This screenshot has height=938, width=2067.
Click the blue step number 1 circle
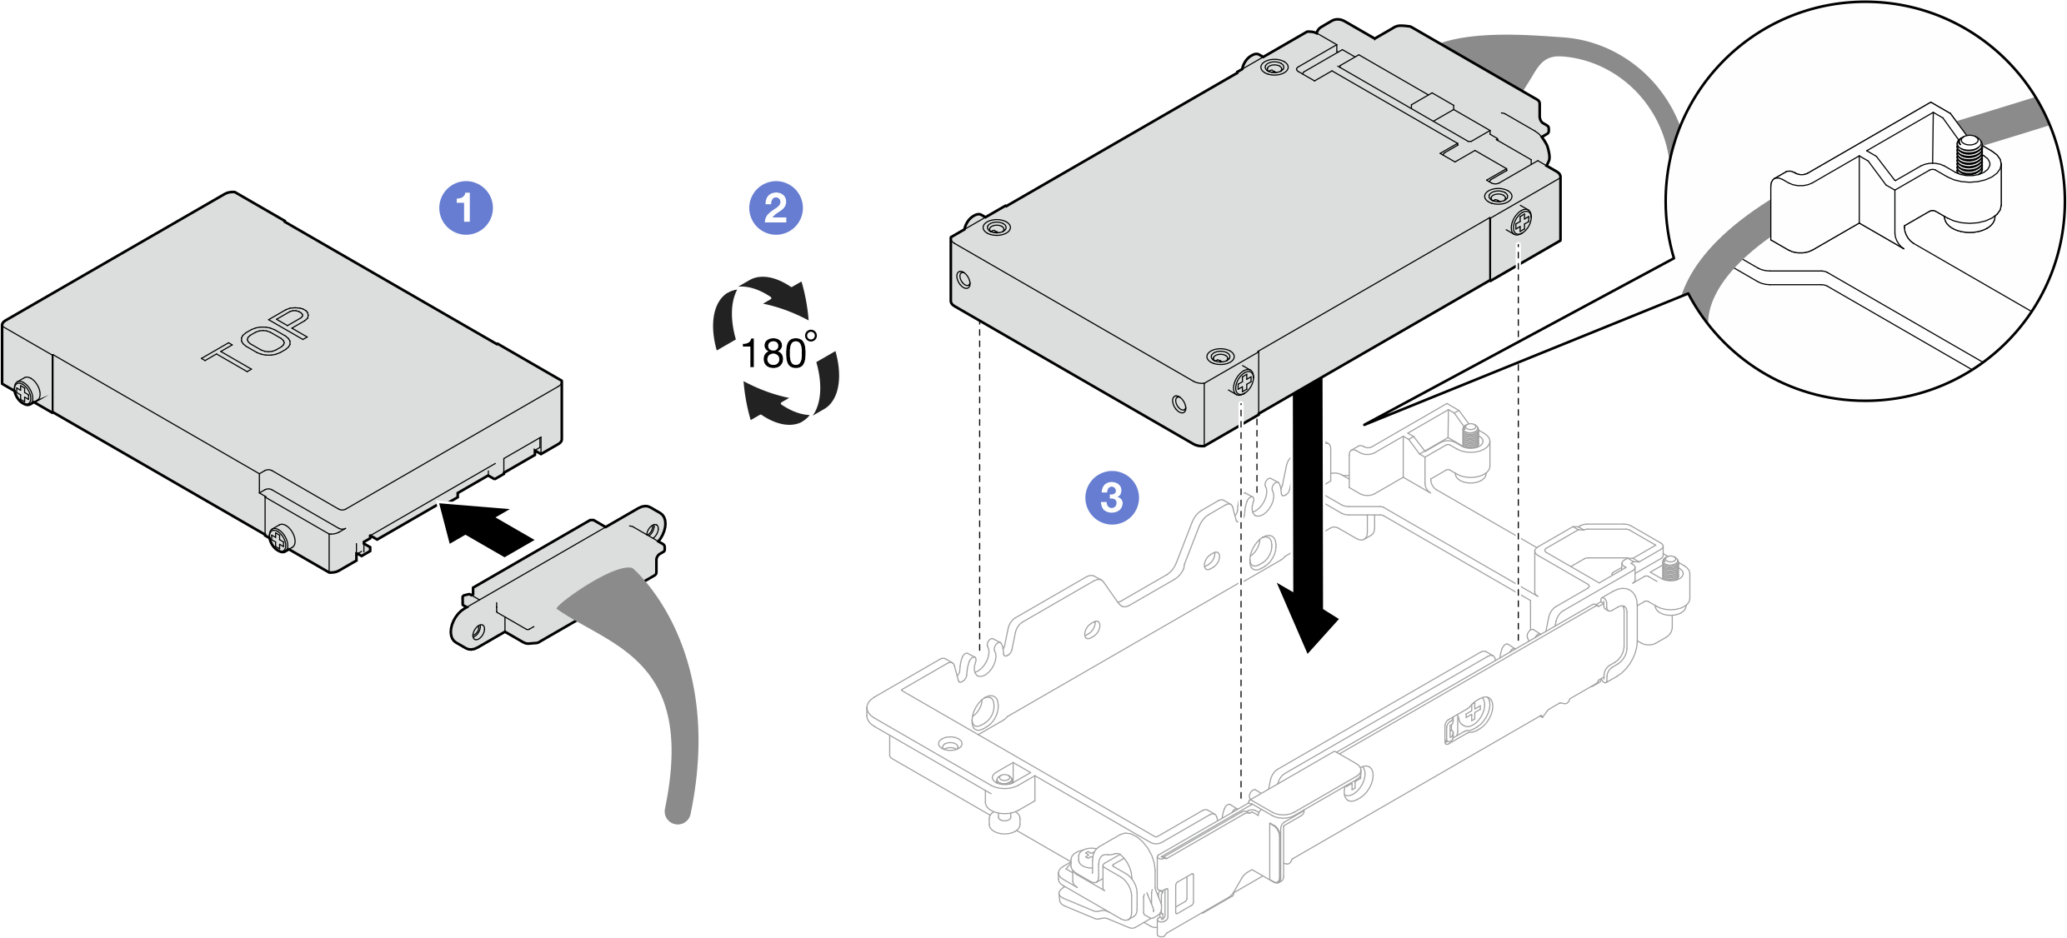466,207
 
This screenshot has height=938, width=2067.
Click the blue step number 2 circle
776,207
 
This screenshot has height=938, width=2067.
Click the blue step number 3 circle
1112,497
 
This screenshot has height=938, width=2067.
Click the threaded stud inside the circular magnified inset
1970,156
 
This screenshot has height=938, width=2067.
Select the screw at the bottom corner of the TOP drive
281,538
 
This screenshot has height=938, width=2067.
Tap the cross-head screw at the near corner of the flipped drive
1244,382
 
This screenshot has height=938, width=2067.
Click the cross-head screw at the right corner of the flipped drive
1521,222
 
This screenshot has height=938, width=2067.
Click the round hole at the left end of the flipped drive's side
964,278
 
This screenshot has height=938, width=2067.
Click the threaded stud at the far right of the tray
1671,569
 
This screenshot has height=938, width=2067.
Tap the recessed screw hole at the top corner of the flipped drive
1274,67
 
